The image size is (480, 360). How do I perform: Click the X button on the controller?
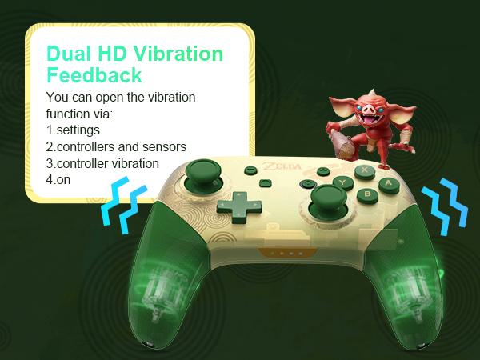pos(365,171)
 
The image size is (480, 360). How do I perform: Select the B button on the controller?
pos(368,194)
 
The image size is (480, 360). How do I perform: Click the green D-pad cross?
pos(239,206)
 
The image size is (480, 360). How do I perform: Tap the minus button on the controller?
pos(250,170)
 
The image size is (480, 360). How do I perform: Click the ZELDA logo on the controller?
pos(282,166)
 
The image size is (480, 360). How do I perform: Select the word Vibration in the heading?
pos(178,54)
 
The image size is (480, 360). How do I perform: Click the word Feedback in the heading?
pos(94,75)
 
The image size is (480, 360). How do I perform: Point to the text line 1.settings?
pos(73,130)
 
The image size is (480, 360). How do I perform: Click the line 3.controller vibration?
pos(102,163)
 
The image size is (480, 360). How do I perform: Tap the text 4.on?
pos(58,179)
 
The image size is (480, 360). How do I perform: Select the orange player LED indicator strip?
pos(287,253)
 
